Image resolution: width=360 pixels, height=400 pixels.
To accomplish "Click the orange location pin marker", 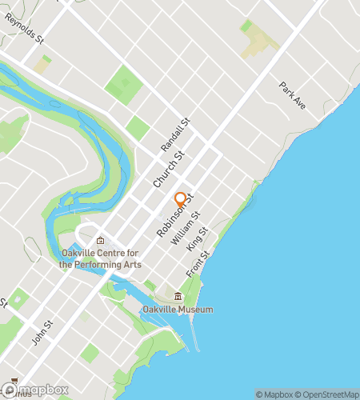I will click(180, 199).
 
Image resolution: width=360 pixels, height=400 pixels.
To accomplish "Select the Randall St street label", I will click(174, 134).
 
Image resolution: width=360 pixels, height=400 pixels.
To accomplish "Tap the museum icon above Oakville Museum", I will click(178, 298).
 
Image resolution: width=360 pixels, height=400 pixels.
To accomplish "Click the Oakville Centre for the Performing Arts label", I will click(100, 259).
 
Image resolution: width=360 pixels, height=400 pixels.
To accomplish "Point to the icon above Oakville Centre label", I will click(100, 241).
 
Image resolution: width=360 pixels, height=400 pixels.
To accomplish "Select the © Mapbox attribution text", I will click(274, 394).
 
